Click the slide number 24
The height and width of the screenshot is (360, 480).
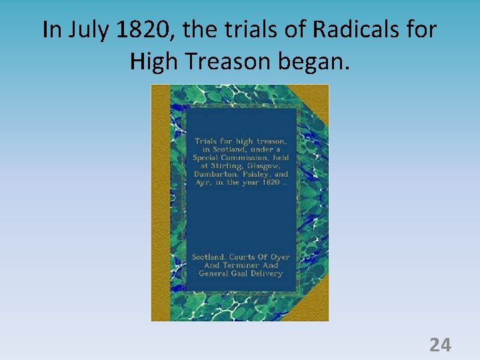440,345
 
